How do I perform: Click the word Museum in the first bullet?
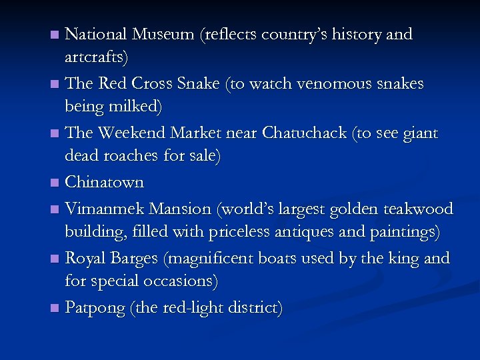(161, 34)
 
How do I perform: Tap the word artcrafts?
(97, 58)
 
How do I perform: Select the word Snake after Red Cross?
(197, 83)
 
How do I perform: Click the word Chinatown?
(105, 182)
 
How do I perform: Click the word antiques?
(311, 233)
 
